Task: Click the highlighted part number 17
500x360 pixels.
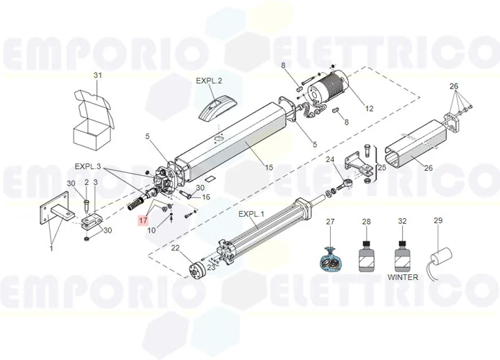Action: click(x=143, y=220)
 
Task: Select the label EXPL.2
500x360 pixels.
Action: click(x=209, y=81)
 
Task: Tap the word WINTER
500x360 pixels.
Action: click(x=402, y=276)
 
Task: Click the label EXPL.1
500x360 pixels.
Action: click(x=252, y=215)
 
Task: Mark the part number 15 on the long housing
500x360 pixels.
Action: click(x=269, y=167)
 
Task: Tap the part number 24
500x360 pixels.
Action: click(x=330, y=159)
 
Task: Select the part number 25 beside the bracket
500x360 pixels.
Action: click(x=382, y=167)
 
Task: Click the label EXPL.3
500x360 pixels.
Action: click(x=88, y=166)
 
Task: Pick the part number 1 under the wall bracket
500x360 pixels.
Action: click(x=51, y=248)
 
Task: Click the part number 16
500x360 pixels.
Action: click(x=205, y=197)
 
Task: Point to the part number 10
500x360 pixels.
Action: click(x=152, y=230)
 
